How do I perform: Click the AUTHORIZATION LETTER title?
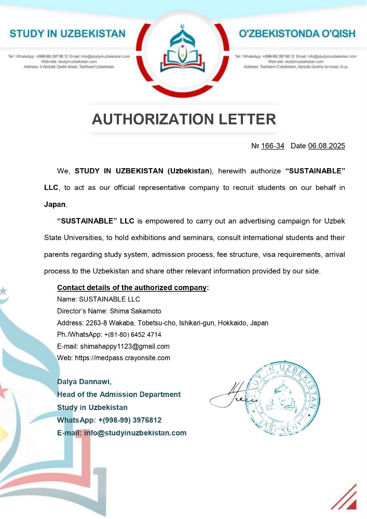(x=184, y=119)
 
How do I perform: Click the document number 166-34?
(x=273, y=146)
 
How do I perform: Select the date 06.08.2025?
(x=326, y=146)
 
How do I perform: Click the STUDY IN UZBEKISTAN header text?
(x=67, y=34)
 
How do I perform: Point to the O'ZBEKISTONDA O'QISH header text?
(x=297, y=34)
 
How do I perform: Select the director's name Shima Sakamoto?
(x=135, y=311)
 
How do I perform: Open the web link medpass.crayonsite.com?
(x=126, y=358)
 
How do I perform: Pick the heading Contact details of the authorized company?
(x=132, y=288)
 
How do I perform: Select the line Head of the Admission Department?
(x=119, y=394)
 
